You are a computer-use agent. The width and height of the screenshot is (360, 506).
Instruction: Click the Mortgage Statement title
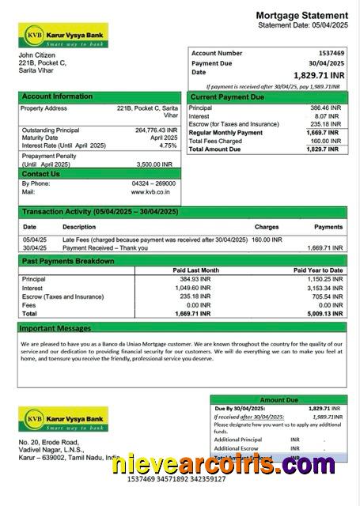(x=301, y=15)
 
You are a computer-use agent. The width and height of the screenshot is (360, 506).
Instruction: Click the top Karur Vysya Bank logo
(x=63, y=35)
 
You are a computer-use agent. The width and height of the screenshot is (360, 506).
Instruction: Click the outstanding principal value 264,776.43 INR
(x=156, y=130)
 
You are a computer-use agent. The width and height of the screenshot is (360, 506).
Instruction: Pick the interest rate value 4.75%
(x=168, y=145)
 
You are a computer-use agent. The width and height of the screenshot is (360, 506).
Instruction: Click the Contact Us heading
(x=41, y=174)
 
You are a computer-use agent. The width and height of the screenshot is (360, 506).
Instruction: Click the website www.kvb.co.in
(x=153, y=191)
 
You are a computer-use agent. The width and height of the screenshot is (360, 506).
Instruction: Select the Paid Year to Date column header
(x=318, y=270)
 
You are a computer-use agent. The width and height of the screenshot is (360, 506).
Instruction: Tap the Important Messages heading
(x=55, y=327)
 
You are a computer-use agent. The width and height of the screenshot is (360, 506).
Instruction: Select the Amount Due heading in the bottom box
(x=278, y=400)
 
